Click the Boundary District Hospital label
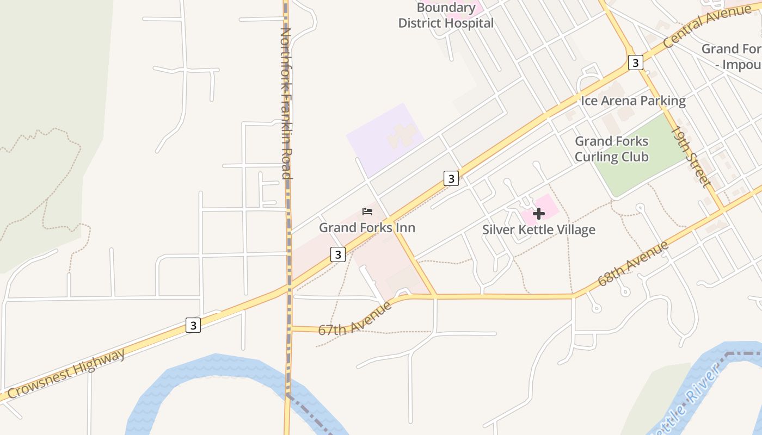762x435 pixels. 446,16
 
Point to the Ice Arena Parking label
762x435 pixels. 633,101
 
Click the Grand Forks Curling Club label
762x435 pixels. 612,149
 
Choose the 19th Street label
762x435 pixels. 691,157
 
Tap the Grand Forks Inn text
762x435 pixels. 367,227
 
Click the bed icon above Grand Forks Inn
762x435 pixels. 367,212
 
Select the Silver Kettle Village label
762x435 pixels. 538,230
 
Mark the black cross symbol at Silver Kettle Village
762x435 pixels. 539,214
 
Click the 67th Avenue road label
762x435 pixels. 355,319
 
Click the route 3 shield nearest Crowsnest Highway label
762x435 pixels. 193,325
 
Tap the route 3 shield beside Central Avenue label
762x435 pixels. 635,63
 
